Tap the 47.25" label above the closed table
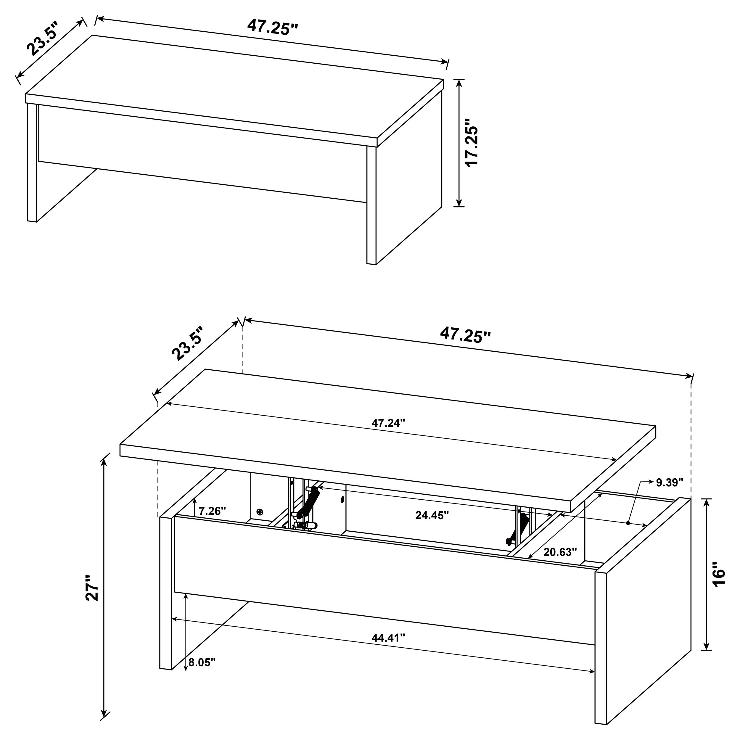(272, 27)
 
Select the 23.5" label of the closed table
(42, 39)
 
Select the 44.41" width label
(388, 638)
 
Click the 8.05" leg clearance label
(202, 662)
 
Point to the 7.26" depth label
(212, 511)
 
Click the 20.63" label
(560, 552)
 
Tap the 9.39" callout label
(670, 482)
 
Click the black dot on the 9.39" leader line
(628, 523)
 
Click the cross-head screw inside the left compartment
(260, 512)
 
